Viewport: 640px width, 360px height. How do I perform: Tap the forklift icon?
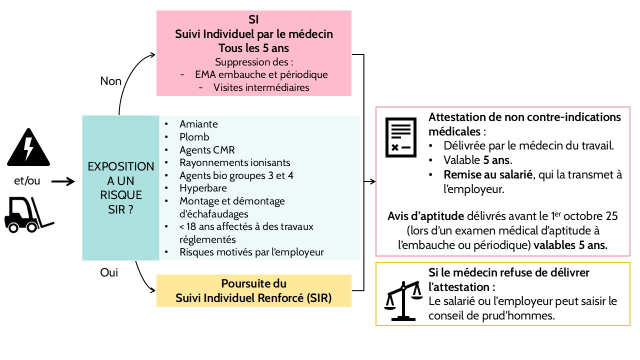29,214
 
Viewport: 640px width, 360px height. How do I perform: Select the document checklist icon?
400,137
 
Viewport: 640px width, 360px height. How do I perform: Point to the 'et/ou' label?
27,181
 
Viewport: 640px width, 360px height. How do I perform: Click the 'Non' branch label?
111,81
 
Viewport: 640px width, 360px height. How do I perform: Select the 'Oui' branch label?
109,273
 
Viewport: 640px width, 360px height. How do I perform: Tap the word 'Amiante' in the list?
198,124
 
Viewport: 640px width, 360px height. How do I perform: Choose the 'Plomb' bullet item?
194,137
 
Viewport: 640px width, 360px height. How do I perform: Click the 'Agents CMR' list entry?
207,150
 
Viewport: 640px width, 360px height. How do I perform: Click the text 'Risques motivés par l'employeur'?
251,252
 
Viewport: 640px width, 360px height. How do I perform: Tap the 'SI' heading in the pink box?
254,20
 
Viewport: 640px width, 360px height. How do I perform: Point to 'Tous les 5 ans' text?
254,48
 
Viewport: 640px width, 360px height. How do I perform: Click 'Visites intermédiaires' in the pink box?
261,87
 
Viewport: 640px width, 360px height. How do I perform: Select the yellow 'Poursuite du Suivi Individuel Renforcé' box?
254,291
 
